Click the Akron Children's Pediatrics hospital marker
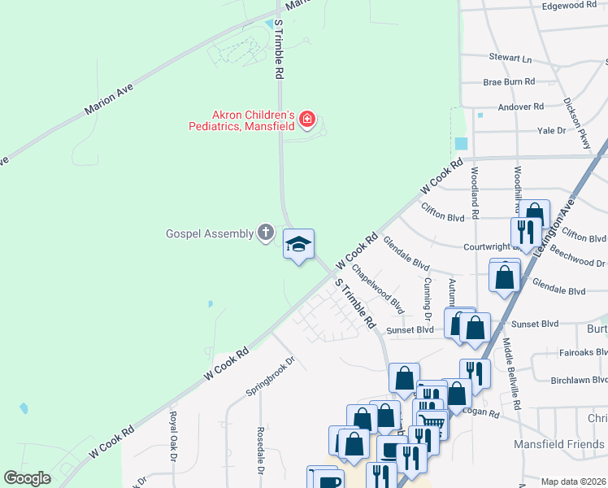pos(306,120)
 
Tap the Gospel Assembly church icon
pos(265,233)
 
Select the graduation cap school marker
pos(298,244)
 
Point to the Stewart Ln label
pos(510,59)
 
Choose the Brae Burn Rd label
pos(509,82)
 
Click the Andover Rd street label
pos(520,107)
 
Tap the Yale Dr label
pos(551,130)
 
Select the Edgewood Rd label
pos(569,6)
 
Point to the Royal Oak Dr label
pos(173,436)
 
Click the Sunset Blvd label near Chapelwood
pos(410,330)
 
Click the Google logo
pos(27,478)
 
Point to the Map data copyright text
pos(573,481)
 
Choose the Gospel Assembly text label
pos(210,233)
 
